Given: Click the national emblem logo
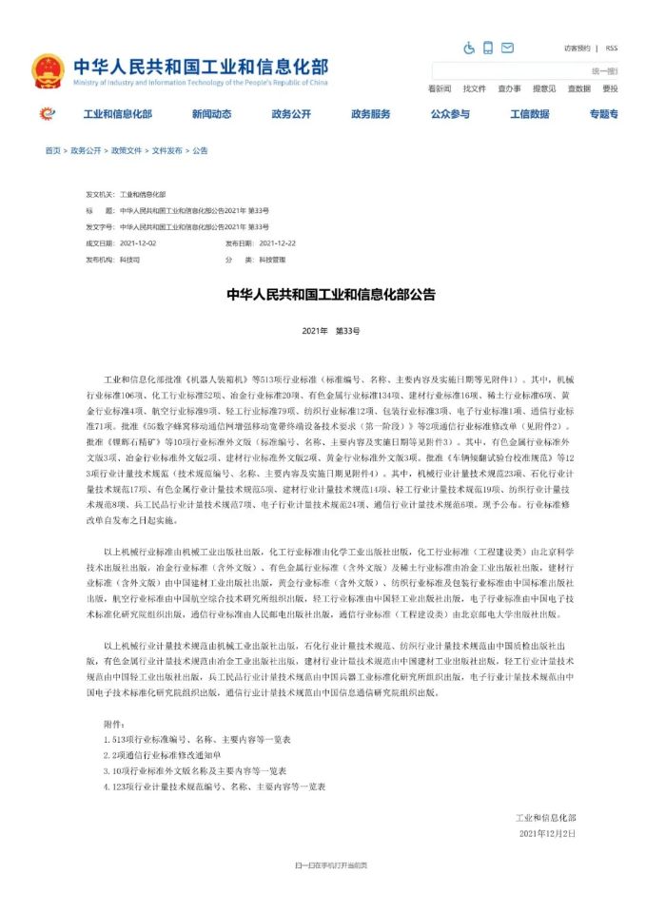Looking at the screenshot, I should tap(48, 70).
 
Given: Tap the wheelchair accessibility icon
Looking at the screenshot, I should tap(469, 48).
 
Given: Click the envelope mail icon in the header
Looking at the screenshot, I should tap(507, 48).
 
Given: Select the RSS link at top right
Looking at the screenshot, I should tap(611, 48).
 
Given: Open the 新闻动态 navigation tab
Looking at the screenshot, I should tap(211, 114).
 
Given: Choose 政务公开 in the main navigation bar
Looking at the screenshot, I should tap(291, 114).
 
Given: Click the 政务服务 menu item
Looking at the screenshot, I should tap(370, 114).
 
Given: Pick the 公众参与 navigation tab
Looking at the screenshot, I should tap(449, 114).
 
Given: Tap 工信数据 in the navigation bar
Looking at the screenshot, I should tap(529, 114).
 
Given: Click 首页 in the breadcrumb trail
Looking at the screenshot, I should tap(52, 150).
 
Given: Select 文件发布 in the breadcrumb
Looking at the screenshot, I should tap(166, 150).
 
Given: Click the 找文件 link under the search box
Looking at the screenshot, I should tap(474, 88).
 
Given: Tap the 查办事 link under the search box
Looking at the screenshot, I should tap(509, 88).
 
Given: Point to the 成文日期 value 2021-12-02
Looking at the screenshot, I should tap(138, 243).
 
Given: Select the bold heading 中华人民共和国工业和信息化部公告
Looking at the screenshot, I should tap(331, 295).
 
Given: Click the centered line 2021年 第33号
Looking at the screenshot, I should tap(331, 329).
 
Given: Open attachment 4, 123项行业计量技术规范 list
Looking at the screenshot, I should tap(215, 787).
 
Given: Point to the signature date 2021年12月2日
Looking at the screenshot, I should tap(547, 833).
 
